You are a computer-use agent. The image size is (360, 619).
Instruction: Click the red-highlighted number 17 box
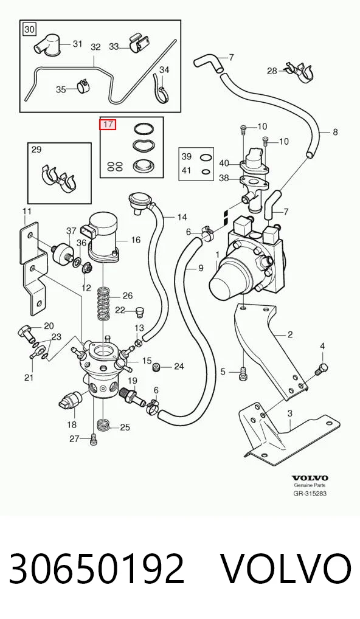108,125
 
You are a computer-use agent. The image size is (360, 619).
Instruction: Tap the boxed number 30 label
30,29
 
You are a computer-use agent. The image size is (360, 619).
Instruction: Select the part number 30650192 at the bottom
97,569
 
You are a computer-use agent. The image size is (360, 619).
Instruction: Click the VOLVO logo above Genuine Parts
310,479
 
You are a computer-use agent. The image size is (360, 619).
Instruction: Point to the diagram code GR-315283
310,494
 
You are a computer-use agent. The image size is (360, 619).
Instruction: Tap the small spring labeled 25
102,424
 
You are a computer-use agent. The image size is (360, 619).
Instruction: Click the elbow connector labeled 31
47,46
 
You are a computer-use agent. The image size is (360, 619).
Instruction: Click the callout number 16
136,240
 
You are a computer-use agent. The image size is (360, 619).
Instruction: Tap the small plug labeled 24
157,367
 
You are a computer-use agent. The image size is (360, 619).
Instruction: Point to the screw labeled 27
93,440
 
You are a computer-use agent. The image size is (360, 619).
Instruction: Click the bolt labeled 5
243,373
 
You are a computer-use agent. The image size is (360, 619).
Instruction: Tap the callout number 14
182,217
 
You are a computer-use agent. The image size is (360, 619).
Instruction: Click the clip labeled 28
300,72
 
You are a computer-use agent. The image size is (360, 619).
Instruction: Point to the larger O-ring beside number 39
206,158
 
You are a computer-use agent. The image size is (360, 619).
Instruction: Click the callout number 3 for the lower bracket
289,413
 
